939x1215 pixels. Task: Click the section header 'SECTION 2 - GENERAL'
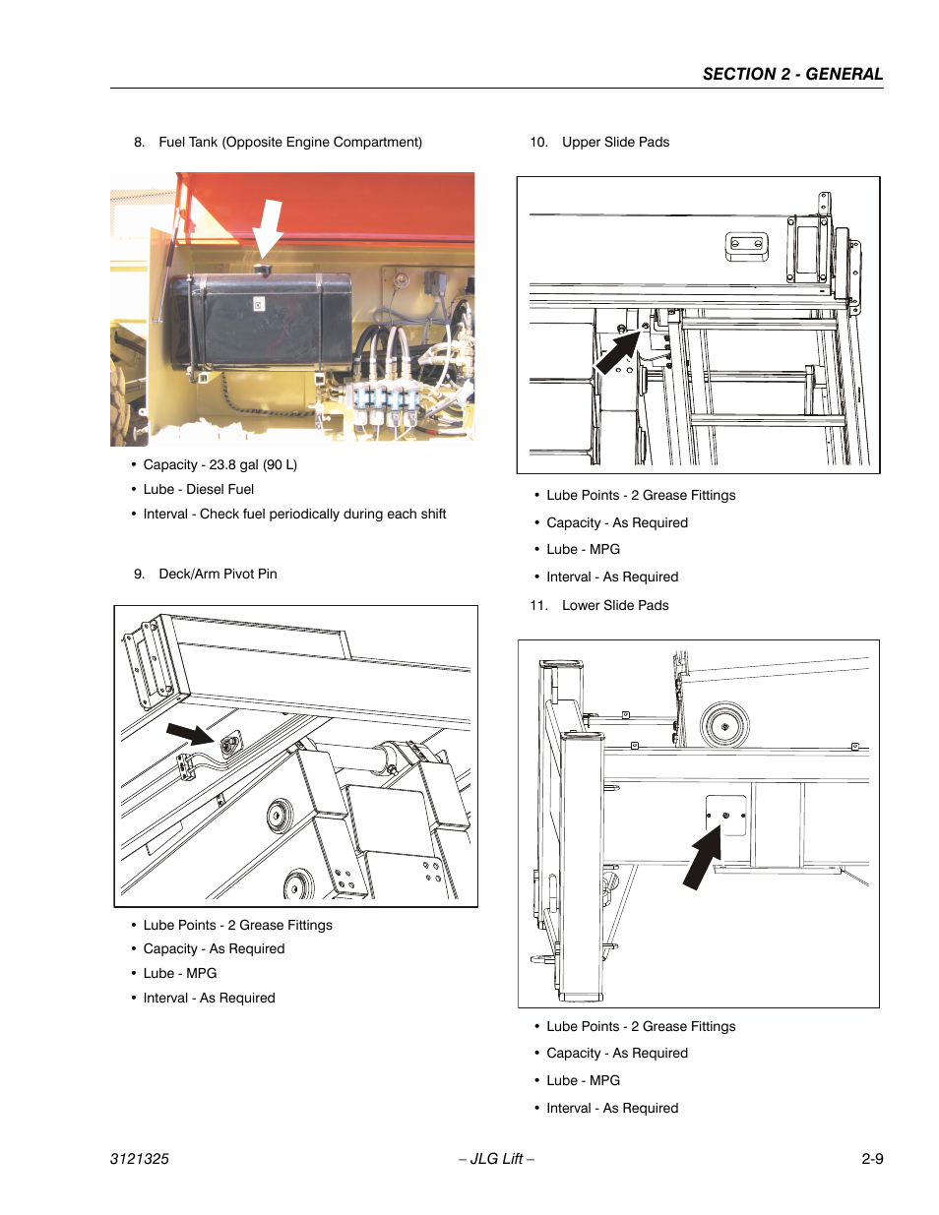click(792, 74)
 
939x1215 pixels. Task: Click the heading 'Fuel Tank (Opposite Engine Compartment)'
click(289, 142)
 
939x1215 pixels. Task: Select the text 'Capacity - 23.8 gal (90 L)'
click(219, 464)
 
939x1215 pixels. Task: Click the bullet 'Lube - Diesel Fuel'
click(198, 489)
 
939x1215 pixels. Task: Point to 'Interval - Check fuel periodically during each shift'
click(294, 514)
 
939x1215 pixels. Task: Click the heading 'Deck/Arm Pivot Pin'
click(218, 574)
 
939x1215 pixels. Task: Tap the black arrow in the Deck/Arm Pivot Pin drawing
click(190, 734)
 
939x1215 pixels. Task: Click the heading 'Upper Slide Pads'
click(615, 142)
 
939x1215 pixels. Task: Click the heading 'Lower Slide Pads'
click(615, 605)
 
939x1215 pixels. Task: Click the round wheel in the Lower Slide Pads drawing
click(725, 726)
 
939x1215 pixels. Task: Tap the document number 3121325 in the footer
click(140, 1158)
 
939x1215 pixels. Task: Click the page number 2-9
click(872, 1158)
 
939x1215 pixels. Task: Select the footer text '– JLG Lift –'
click(496, 1158)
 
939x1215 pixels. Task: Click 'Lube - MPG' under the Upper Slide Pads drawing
click(583, 549)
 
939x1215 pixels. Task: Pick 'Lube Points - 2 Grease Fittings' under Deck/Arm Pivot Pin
click(237, 925)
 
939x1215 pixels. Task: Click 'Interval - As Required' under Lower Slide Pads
click(612, 1108)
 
